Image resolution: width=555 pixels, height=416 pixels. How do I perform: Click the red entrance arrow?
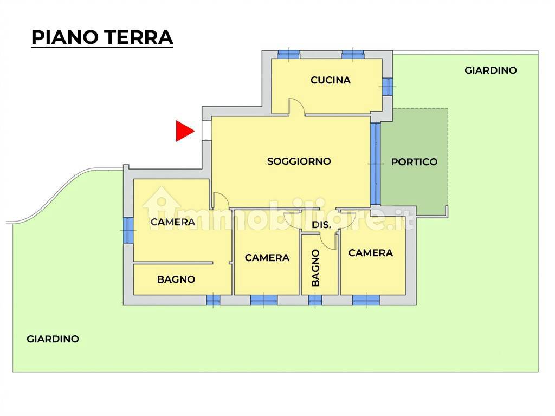click(185, 131)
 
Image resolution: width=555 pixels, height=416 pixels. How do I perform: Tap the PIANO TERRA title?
click(102, 37)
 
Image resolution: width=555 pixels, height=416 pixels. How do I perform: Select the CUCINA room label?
click(331, 80)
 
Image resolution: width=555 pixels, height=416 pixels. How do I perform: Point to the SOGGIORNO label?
click(299, 161)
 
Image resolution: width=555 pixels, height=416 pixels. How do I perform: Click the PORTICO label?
click(414, 162)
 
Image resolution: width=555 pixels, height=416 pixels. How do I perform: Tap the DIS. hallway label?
click(321, 225)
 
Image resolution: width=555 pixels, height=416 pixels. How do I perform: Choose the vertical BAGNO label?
click(315, 268)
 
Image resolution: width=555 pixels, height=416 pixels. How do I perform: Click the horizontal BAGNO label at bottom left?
click(176, 279)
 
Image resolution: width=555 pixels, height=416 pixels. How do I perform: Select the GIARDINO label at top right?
click(491, 70)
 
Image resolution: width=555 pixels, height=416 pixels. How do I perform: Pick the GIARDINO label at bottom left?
click(53, 339)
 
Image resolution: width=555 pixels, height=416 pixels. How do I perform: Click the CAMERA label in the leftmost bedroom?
click(173, 222)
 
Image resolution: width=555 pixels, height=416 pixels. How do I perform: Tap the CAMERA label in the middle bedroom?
click(267, 258)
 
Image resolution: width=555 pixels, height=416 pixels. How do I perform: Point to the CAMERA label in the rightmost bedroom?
click(371, 253)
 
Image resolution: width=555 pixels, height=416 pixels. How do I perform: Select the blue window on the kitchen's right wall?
click(388, 86)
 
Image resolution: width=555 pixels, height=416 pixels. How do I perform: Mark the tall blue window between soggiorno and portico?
click(376, 164)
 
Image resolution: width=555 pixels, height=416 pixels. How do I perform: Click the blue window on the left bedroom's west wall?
click(128, 231)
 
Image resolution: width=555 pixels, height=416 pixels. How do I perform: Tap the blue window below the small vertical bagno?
click(315, 300)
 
